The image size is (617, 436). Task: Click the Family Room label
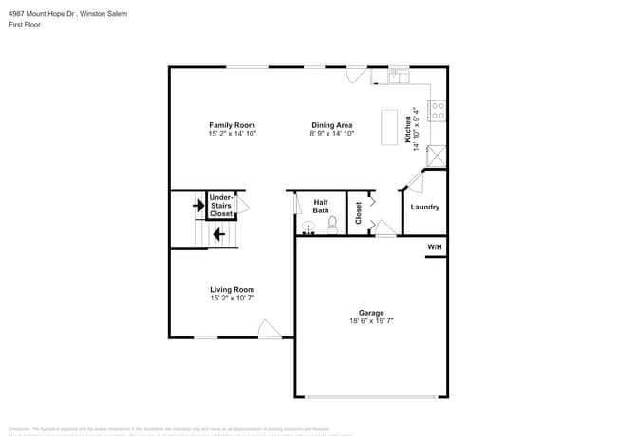tap(232, 125)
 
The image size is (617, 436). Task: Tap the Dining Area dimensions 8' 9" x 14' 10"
tap(332, 134)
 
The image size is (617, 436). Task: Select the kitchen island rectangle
tap(389, 127)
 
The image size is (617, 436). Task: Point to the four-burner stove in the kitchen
tap(439, 112)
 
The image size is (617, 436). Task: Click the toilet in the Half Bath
tap(332, 225)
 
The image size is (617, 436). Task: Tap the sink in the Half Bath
tap(308, 227)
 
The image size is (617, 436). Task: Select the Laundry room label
tap(424, 207)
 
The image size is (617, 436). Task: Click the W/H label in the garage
tap(435, 246)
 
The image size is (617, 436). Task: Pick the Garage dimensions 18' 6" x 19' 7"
tap(370, 321)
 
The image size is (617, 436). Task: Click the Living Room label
tap(232, 289)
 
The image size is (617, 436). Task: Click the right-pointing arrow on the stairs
tap(198, 204)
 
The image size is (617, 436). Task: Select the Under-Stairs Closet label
tap(221, 206)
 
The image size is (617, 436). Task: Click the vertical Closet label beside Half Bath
tap(359, 213)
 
